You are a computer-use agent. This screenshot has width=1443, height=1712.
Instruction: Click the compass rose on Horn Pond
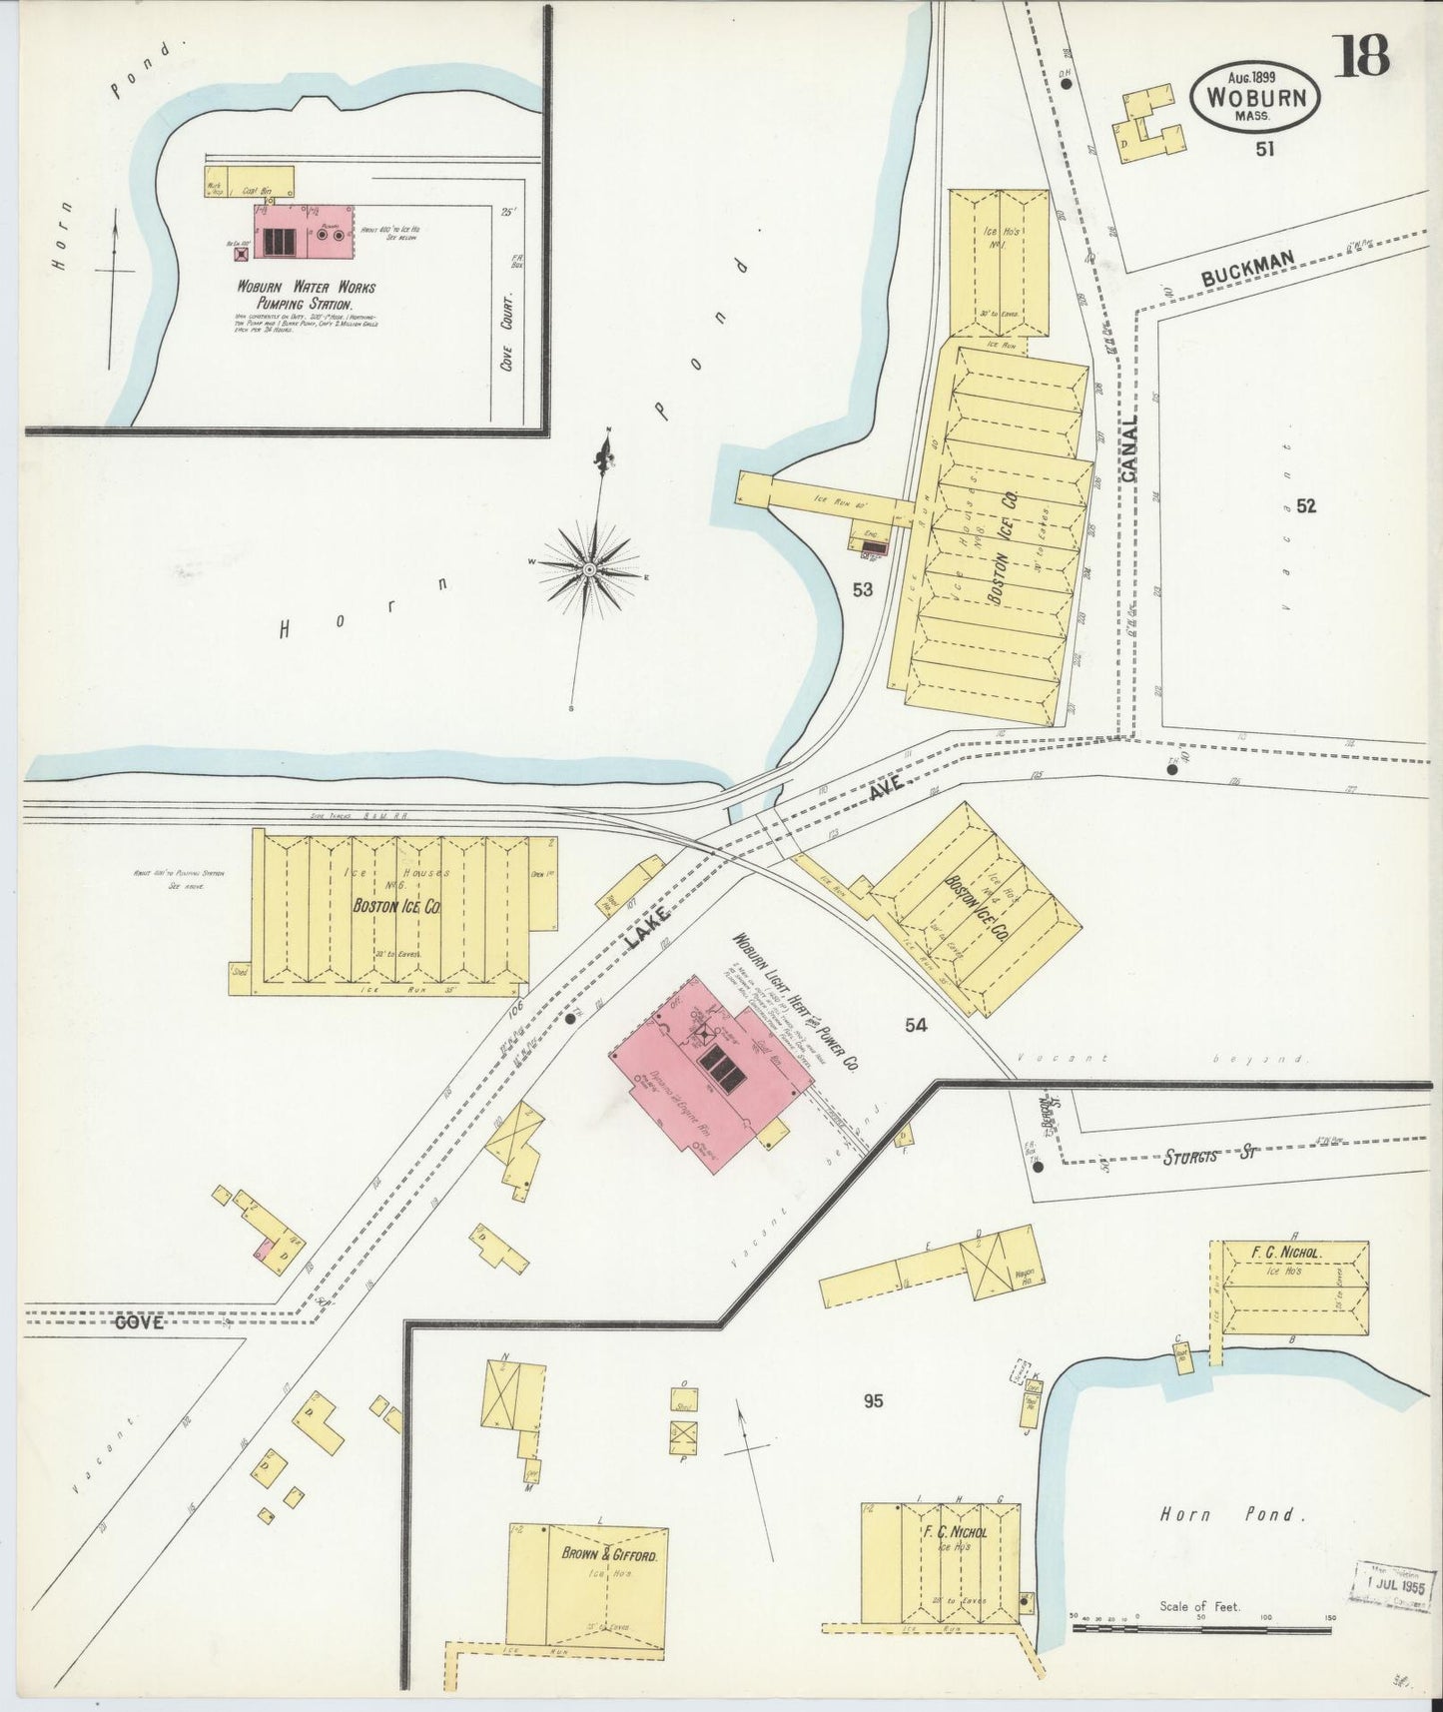(589, 568)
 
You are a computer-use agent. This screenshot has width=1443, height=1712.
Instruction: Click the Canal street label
(1129, 449)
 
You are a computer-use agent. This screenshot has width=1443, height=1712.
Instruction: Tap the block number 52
(1305, 506)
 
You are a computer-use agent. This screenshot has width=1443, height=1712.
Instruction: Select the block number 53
(863, 590)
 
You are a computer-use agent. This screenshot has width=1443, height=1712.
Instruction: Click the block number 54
(916, 1024)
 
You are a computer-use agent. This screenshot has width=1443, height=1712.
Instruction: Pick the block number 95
(874, 1401)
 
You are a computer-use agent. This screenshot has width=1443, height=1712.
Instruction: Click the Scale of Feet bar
(1201, 1629)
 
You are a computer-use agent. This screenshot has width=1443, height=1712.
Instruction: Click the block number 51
(1265, 149)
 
